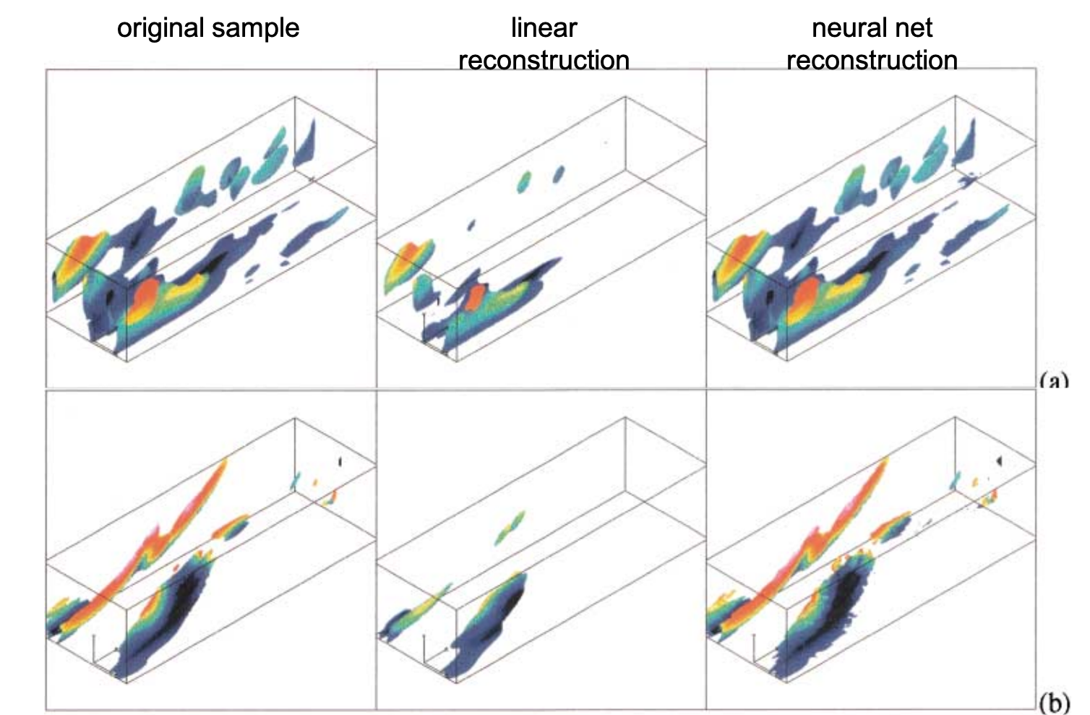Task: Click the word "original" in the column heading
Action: (160, 28)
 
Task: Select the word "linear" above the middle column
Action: (544, 28)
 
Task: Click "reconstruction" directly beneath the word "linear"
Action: (544, 59)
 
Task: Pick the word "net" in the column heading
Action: (914, 28)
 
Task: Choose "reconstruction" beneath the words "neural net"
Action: (872, 59)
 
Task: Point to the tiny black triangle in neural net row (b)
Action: (999, 460)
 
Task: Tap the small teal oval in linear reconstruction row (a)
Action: (524, 181)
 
